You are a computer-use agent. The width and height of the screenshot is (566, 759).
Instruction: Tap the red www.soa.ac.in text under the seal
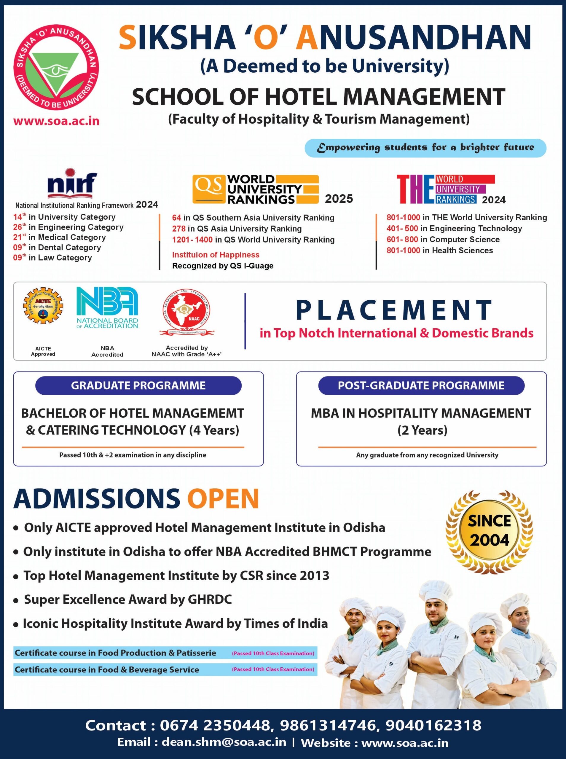[56, 121]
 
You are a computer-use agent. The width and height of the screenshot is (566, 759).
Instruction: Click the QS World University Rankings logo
[255, 189]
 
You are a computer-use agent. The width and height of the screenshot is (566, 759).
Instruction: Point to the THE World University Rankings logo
[445, 189]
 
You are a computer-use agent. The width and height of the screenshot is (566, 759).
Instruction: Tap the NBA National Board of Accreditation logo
[107, 307]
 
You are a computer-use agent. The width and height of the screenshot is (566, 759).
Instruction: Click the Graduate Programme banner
[138, 385]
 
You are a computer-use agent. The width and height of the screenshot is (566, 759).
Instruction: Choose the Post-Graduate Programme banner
[421, 385]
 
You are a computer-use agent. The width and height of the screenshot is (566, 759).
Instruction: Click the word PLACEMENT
[394, 310]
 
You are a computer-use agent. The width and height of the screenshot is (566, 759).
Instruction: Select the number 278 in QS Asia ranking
[178, 229]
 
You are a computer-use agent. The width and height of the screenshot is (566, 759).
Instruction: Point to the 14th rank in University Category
[19, 217]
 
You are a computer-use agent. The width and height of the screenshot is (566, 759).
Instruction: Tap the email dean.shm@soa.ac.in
[224, 742]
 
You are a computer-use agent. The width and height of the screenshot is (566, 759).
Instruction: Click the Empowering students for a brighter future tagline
[425, 148]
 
